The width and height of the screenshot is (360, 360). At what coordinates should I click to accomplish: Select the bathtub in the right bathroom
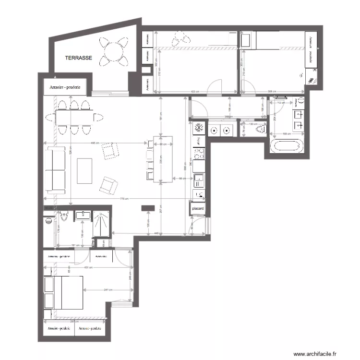286,146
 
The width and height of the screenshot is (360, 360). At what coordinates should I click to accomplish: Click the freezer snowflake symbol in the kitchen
198,129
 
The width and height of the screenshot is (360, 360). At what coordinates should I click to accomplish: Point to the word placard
198,209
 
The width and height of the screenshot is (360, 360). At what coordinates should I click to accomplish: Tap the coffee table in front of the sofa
84,170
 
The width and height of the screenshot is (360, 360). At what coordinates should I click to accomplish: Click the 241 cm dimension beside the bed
108,290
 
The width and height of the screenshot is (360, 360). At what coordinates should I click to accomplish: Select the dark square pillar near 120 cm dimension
147,208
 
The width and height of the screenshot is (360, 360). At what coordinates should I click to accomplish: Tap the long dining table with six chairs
75,117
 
